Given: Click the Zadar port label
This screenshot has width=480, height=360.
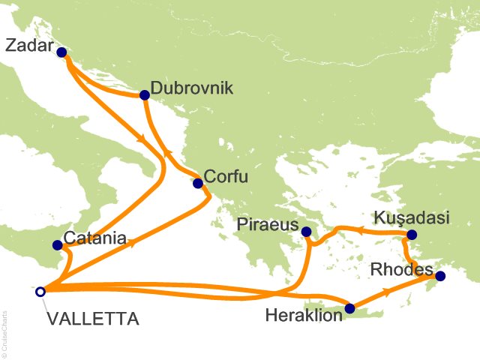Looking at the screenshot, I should pos(30,46).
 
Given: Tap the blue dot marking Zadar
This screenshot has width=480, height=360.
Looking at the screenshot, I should pos(61,52).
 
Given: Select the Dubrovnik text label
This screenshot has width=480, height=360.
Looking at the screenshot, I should pos(192,88).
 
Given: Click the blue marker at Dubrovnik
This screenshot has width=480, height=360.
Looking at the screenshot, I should pos(143,95).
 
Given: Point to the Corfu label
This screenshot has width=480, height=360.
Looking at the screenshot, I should pos(227,176).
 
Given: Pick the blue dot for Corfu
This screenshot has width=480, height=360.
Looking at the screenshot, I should pos(198,183).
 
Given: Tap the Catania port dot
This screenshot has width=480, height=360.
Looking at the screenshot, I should pos(57,245).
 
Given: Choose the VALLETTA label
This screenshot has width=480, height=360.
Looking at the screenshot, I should pos(92,319).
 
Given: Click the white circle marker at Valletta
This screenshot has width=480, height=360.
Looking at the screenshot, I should pos(40,292).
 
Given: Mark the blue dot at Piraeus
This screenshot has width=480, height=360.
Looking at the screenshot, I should pos(306,232).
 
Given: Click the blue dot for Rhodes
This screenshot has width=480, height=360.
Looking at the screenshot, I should pos(440,276).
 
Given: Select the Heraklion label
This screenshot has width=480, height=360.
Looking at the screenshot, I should pos(304,316).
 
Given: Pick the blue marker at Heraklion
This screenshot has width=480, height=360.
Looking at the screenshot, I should pos(349,307).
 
